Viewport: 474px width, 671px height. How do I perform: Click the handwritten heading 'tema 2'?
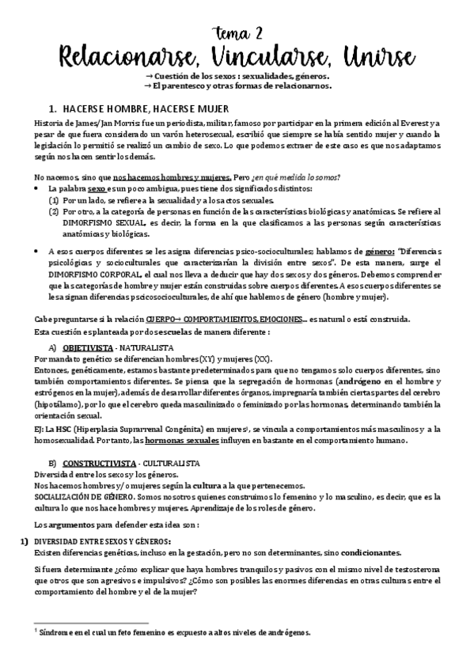tap(237, 32)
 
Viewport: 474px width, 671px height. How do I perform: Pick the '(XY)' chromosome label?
tap(204, 358)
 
